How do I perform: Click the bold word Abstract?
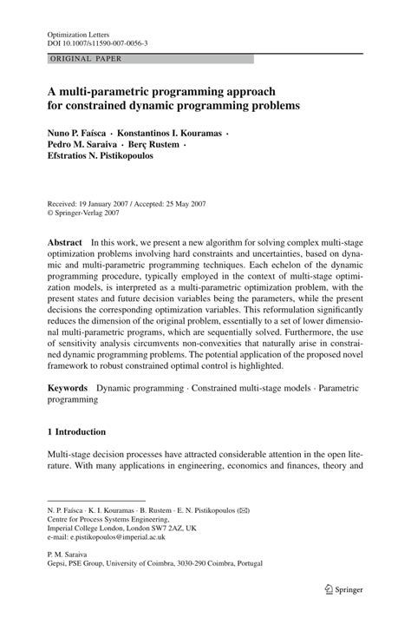point(65,242)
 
